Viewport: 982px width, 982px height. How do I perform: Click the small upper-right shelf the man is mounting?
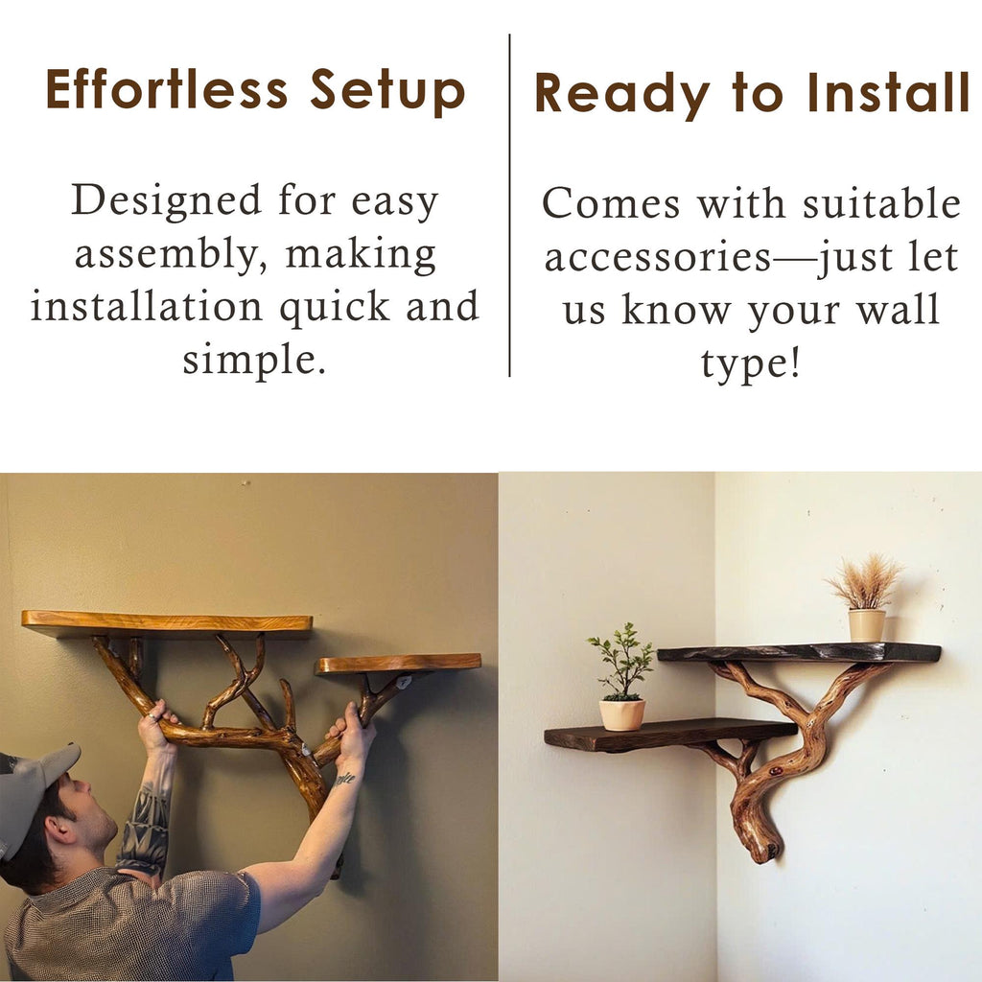[x=399, y=663]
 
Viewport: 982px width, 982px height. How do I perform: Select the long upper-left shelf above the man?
[x=167, y=623]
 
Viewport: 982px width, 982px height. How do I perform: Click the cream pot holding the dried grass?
[x=866, y=625]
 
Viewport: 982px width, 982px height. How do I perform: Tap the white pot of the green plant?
[x=622, y=713]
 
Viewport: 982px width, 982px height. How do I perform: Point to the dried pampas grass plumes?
[x=865, y=580]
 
